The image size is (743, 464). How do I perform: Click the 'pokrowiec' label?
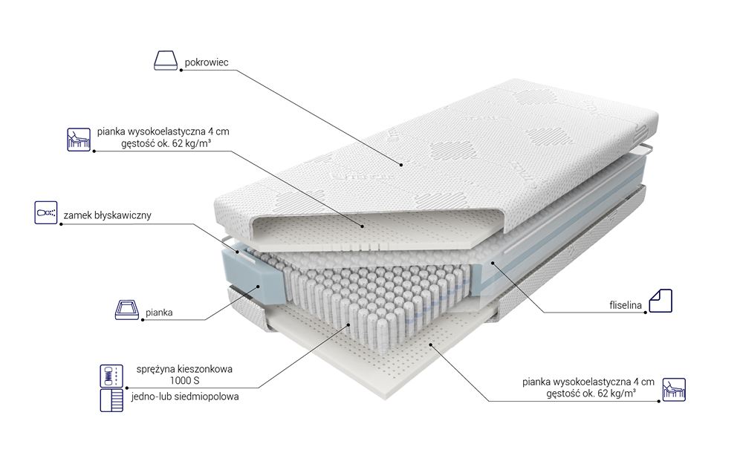[207, 62]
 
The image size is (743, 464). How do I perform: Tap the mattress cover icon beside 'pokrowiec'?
[166, 61]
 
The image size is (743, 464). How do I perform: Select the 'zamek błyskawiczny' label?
[108, 215]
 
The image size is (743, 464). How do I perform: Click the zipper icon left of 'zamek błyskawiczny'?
[46, 212]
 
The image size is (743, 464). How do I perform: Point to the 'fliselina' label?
[626, 305]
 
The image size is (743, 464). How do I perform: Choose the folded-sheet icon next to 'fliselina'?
[661, 301]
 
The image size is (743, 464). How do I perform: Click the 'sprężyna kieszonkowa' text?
[184, 369]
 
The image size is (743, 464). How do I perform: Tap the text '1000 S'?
[185, 381]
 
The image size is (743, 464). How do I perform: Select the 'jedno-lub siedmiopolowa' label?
[185, 396]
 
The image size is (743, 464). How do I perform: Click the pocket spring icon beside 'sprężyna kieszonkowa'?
[111, 376]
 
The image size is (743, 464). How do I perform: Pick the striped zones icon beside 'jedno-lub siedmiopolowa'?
[111, 400]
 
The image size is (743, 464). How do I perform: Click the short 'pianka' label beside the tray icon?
[159, 313]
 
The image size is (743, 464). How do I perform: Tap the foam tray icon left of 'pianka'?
[127, 310]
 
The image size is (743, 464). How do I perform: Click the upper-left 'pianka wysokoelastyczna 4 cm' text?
[163, 131]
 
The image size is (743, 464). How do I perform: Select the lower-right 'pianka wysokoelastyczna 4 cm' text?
[588, 382]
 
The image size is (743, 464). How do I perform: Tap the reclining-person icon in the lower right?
[674, 390]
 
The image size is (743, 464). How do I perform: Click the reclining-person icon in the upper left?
[79, 140]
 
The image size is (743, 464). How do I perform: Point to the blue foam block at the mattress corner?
[253, 275]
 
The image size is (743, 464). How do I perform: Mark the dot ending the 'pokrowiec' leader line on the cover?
[401, 165]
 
